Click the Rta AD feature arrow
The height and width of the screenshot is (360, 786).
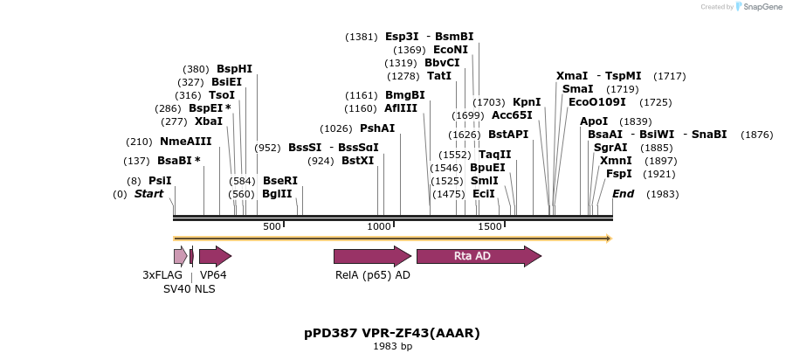click(479, 256)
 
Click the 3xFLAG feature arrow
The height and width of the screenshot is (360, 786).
click(180, 256)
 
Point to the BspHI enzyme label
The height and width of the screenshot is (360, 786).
click(234, 69)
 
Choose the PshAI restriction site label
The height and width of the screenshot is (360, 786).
click(377, 128)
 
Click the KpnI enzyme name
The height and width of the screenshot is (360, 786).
click(527, 102)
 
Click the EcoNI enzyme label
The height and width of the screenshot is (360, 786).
click(451, 50)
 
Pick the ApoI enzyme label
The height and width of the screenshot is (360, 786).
click(594, 121)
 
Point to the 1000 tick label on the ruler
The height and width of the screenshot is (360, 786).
click(379, 226)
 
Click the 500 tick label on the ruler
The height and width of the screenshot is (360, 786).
click(272, 226)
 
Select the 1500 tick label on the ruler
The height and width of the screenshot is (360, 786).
click(490, 226)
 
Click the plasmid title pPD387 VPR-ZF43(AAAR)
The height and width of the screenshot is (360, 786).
click(392, 333)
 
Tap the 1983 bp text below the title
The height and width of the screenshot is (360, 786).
click(392, 347)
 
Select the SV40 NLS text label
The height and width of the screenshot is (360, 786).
click(189, 288)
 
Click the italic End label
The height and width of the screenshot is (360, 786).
click(623, 194)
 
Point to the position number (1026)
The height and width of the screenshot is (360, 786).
click(336, 128)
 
